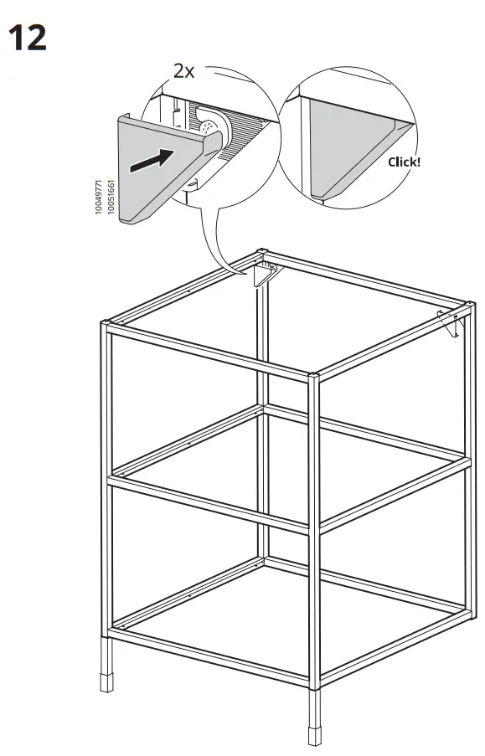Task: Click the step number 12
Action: point(28,37)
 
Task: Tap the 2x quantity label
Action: point(183,71)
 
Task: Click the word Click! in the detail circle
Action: point(404,161)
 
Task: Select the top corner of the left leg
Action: point(106,325)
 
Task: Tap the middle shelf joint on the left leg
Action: point(106,480)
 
